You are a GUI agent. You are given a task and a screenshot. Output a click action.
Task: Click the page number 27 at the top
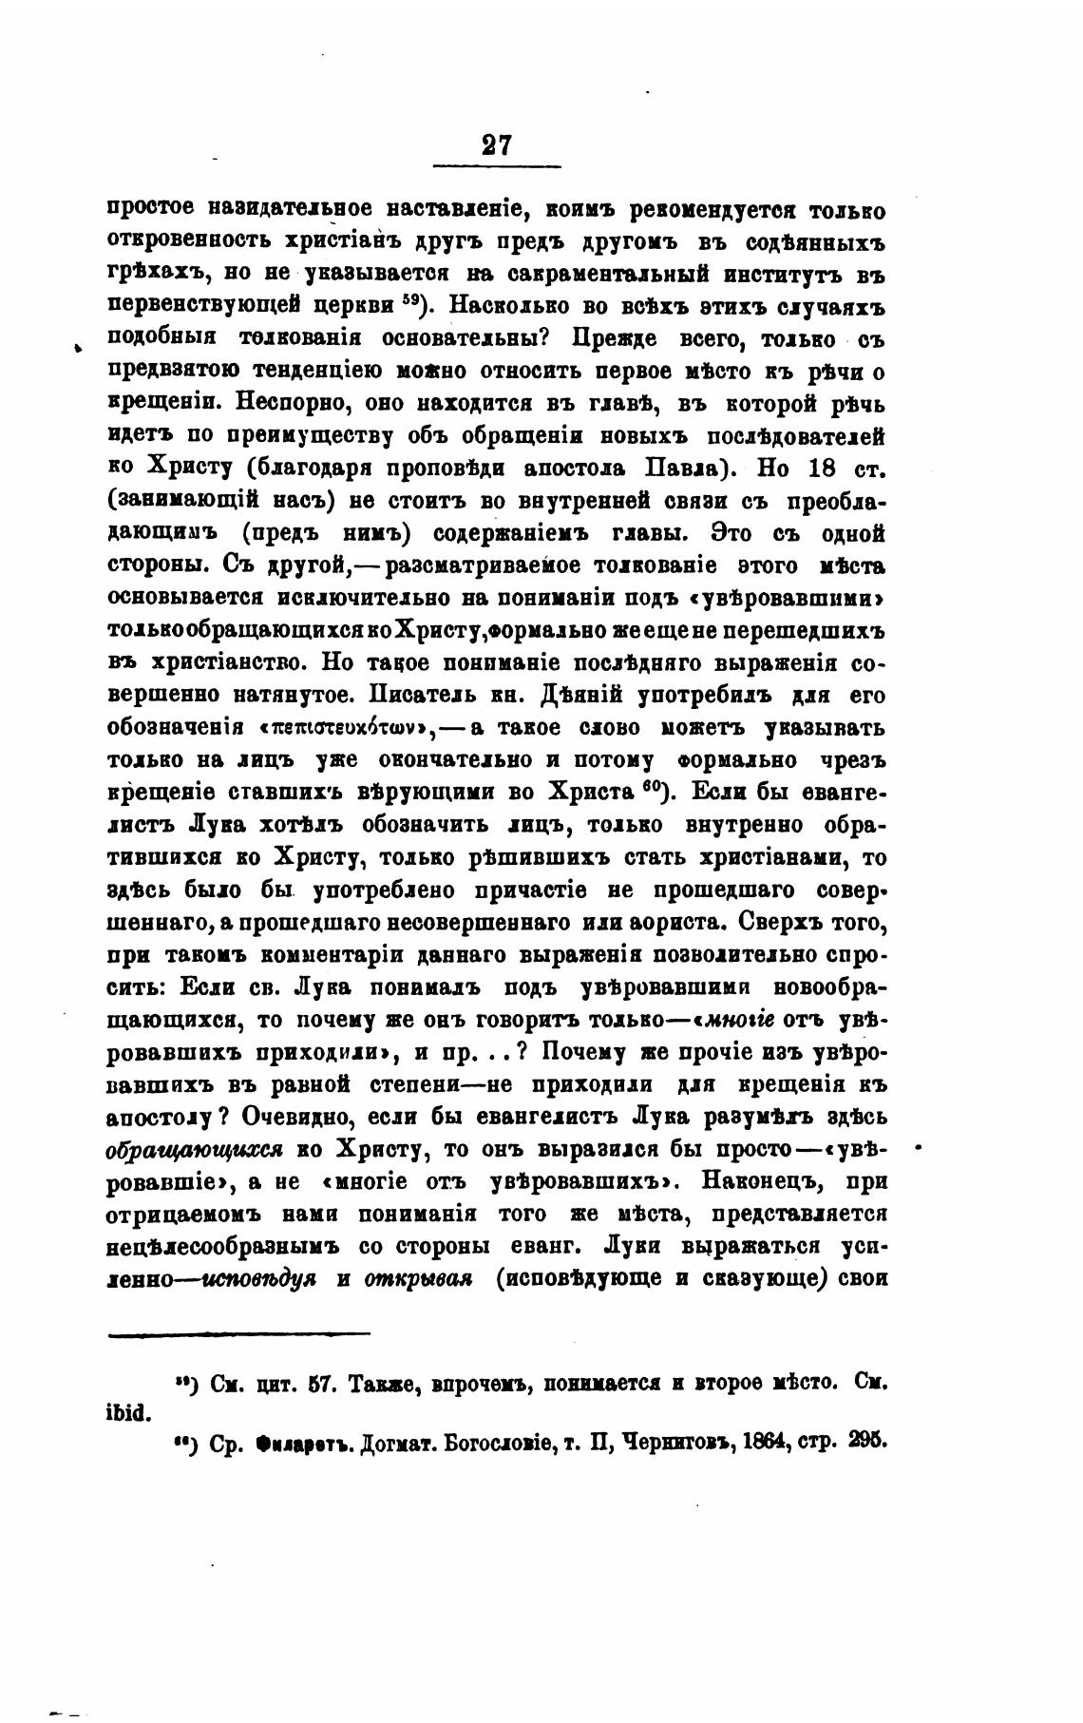[x=496, y=144]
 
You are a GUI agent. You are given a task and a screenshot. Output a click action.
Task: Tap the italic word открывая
[x=418, y=1279]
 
